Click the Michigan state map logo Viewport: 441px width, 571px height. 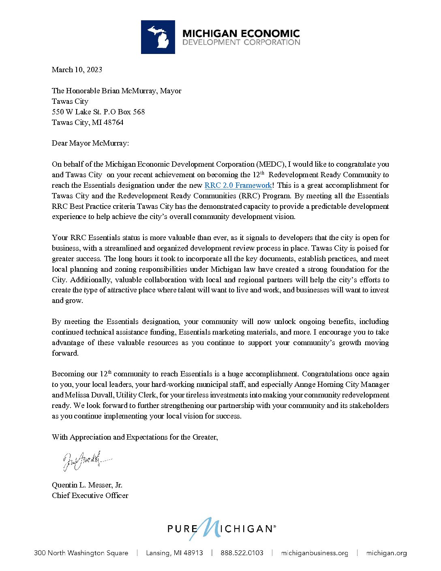coord(158,37)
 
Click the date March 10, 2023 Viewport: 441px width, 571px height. coord(77,70)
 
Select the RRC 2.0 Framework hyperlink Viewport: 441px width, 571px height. coord(238,185)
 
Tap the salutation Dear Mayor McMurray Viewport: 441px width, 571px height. coord(90,143)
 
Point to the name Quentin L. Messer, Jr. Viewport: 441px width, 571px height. coord(87,485)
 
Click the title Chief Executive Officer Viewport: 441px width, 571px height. coord(90,496)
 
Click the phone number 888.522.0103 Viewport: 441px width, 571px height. coord(242,553)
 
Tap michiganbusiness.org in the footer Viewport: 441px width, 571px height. coord(315,553)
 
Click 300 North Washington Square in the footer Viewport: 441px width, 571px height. coord(81,553)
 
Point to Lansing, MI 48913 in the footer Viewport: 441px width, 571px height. coord(174,553)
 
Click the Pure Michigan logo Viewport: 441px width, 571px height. coord(221,529)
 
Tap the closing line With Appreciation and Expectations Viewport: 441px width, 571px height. coord(135,437)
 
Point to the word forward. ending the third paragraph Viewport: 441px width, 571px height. coord(65,353)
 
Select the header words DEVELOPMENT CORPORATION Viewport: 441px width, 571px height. coord(241,42)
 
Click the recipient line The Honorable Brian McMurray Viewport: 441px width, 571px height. coord(116,91)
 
